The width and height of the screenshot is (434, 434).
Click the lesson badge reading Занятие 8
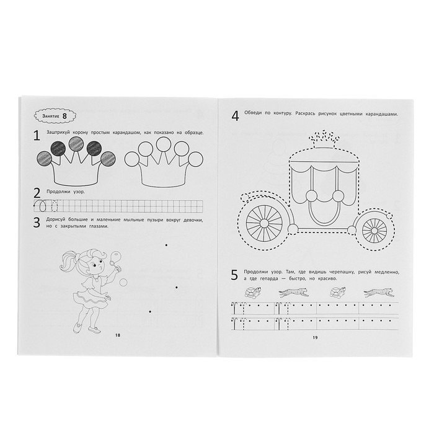(55, 116)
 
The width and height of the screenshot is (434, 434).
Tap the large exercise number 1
(37, 136)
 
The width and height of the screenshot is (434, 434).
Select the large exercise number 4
(235, 116)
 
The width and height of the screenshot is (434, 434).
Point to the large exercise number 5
(234, 275)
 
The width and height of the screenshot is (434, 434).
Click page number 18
(118, 335)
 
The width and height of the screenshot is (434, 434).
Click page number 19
(315, 338)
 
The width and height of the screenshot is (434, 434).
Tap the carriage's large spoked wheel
(264, 223)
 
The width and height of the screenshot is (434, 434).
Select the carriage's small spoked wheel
(374, 231)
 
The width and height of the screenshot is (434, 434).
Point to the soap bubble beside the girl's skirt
(123, 282)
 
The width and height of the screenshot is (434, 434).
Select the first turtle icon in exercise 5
(253, 293)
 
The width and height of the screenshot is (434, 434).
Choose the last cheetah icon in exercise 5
(378, 293)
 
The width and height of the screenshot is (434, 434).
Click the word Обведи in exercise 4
(253, 113)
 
